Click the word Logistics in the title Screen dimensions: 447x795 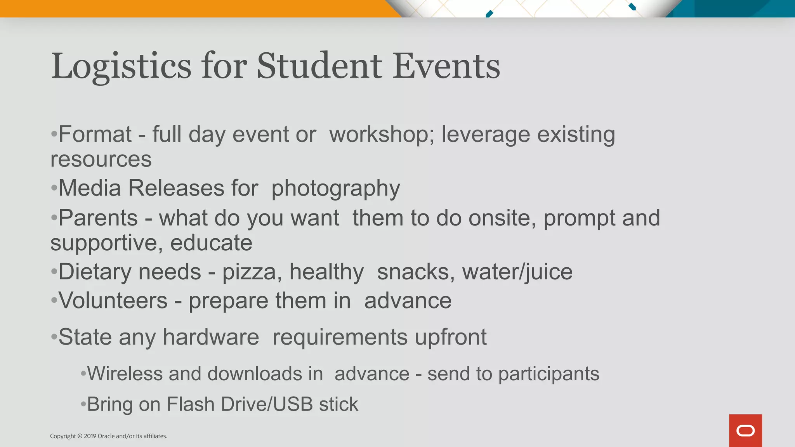pos(121,67)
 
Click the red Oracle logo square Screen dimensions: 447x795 pos(745,430)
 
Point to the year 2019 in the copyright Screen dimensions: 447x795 pos(90,436)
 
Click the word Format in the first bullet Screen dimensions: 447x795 pos(95,135)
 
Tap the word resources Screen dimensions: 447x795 pos(101,159)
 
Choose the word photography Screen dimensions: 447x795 pos(335,189)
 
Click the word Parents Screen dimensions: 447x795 pos(98,218)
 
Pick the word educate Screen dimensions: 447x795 pos(211,243)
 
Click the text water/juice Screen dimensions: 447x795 pos(517,272)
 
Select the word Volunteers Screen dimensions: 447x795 pos(113,301)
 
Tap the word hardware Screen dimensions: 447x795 pos(211,337)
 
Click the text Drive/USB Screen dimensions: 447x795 pos(267,404)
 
